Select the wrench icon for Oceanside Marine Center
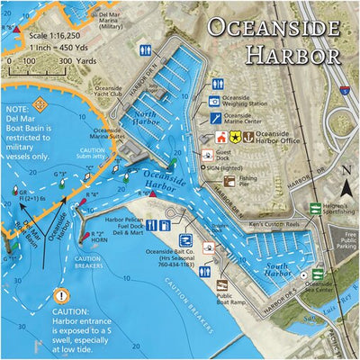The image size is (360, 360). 215,118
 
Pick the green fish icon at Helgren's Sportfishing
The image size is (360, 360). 314,209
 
